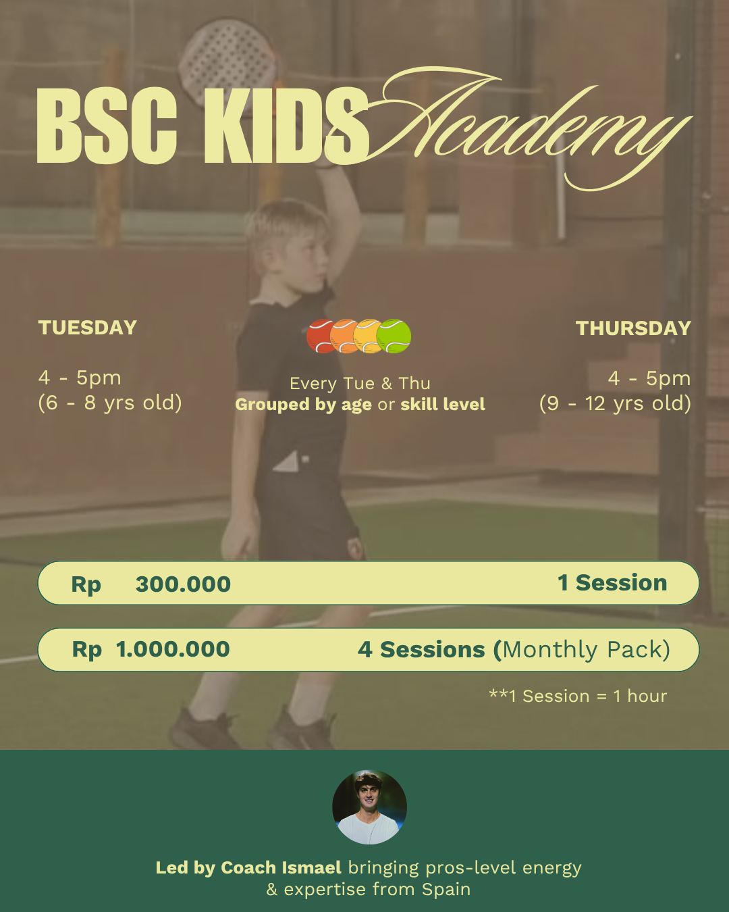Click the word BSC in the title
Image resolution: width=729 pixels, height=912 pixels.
click(107, 126)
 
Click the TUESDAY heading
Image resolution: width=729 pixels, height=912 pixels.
click(88, 328)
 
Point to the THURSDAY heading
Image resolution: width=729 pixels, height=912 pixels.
click(633, 328)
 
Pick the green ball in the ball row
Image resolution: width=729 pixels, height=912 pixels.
click(395, 336)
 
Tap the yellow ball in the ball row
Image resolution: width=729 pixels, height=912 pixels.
click(368, 336)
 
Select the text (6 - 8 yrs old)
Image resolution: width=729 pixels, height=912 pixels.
click(110, 403)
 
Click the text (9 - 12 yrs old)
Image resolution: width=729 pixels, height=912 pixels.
click(615, 404)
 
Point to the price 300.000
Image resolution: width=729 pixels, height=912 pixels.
click(183, 584)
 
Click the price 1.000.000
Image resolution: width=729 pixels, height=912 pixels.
click(173, 649)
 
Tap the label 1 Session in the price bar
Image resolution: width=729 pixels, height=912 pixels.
click(612, 583)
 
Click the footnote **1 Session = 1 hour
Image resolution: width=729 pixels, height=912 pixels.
click(578, 696)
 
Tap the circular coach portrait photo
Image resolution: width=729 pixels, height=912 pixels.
click(369, 807)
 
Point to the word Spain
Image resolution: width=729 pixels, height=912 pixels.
click(446, 890)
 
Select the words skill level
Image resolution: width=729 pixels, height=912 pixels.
click(443, 405)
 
